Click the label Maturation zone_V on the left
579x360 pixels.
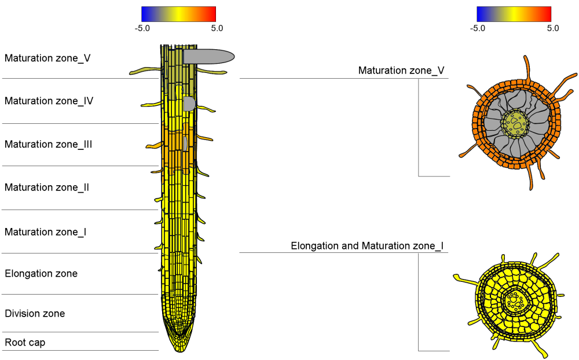(47, 58)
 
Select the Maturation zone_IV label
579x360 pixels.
(49, 101)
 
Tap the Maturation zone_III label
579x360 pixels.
(48, 144)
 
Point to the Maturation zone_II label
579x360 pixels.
(46, 188)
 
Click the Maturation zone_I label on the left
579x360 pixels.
(45, 232)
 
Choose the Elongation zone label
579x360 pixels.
(41, 274)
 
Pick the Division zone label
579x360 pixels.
(35, 314)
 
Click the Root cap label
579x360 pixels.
(25, 343)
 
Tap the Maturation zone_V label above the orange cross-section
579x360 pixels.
(401, 71)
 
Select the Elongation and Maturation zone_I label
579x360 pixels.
(367, 246)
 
